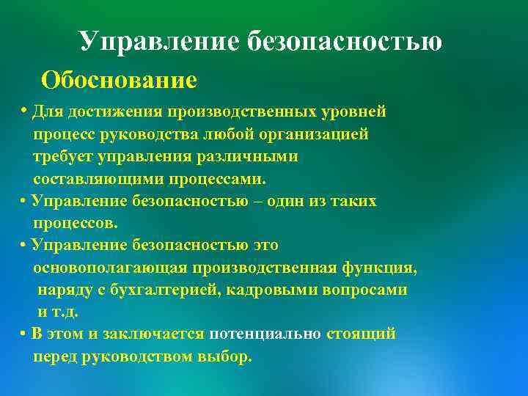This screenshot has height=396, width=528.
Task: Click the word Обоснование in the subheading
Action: point(119,79)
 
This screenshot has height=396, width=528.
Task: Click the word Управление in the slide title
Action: point(159,42)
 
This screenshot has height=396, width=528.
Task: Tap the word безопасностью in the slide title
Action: point(345,42)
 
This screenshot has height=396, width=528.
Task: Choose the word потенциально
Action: point(265,334)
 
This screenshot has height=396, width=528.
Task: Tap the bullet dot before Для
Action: point(24,111)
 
